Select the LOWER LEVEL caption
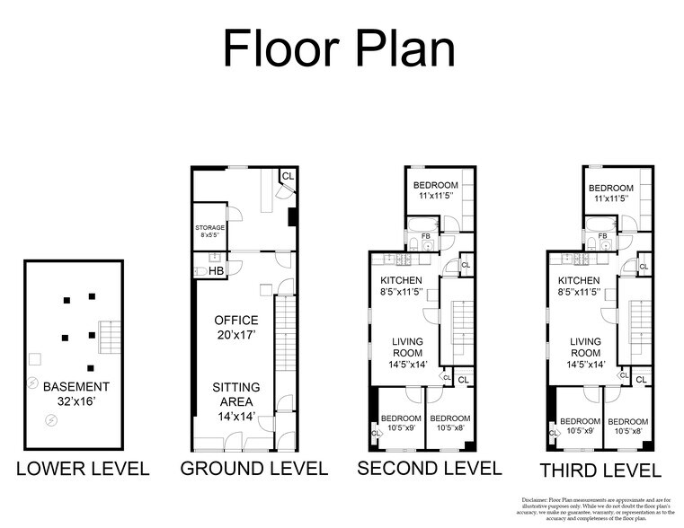click(83, 469)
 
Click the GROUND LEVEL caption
click(254, 469)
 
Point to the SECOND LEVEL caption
click(429, 468)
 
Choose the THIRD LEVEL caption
click(600, 471)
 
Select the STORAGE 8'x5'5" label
click(209, 231)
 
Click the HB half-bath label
click(216, 270)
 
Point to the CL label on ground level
click(288, 177)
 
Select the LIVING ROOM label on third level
click(585, 352)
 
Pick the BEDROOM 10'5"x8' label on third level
click(627, 426)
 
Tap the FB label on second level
click(426, 237)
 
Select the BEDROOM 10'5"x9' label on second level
click(402, 423)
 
